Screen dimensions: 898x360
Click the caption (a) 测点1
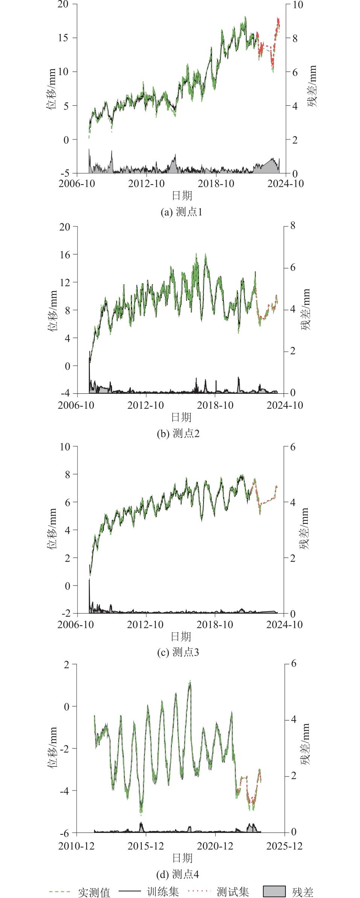[181, 212]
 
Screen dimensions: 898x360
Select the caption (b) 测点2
[178, 433]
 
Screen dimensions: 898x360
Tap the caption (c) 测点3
[178, 652]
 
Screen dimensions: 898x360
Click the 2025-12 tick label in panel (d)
[284, 846]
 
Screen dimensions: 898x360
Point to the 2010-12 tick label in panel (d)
[76, 846]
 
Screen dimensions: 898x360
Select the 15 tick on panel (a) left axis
[66, 38]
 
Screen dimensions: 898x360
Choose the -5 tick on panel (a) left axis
[65, 173]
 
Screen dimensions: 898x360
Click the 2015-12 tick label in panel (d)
[146, 846]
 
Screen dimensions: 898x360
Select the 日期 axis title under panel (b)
[181, 417]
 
